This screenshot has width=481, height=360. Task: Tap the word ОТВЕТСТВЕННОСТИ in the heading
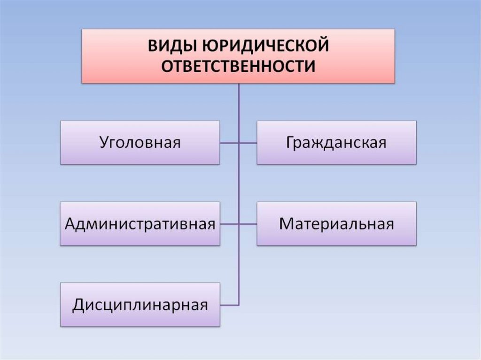pos(238,66)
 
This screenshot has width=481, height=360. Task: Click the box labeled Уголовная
pos(140,143)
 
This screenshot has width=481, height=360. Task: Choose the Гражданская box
pos(336,143)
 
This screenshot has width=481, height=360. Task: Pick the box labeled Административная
pos(140,224)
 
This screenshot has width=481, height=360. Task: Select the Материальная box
pos(336,224)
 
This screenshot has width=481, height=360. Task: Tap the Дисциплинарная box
pos(140,305)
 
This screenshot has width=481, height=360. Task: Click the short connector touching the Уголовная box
pos(229,143)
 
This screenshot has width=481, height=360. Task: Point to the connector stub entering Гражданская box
pos(248,143)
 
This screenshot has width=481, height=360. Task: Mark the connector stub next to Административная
pos(229,224)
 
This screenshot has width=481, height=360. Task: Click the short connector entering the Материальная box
pos(248,224)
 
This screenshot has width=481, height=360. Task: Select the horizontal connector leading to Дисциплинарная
pos(229,305)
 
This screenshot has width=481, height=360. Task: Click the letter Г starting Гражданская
pos(289,143)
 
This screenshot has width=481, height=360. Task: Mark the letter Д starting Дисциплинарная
pos(78,306)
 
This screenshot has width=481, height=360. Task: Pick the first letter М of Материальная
pos(286,224)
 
